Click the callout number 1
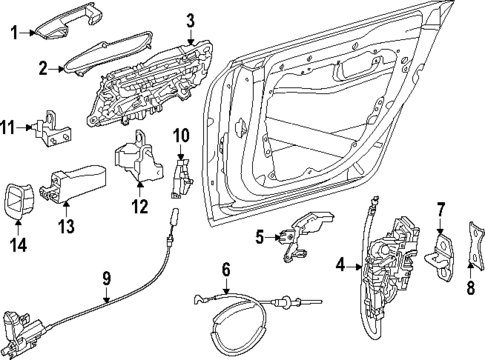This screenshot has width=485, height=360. coord(13,33)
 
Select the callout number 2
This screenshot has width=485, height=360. coord(43,68)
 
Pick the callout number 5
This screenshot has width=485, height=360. coord(258,237)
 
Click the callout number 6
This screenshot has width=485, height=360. coord(226,269)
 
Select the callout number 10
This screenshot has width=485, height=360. coord(181,135)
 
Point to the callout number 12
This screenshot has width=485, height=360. coord(140,207)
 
